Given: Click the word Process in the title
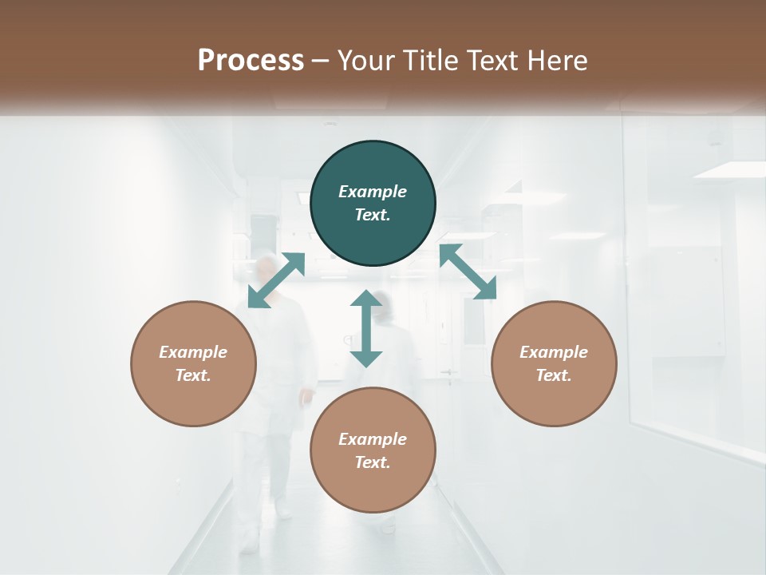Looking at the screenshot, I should tap(251, 61).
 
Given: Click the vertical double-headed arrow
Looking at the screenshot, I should tap(366, 328).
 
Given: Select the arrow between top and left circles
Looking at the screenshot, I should tap(276, 280).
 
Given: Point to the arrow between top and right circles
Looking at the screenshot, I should tap(468, 272).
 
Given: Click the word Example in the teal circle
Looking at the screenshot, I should tap(373, 192).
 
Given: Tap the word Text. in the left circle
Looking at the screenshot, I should tap(193, 375).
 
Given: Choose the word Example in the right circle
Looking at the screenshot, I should tap(554, 352).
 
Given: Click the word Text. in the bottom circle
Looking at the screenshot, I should tap(373, 462).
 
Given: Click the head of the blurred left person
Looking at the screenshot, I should tap(268, 269).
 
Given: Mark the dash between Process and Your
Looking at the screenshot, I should tap(321, 61).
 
